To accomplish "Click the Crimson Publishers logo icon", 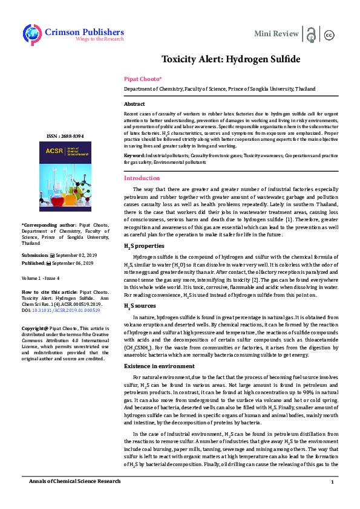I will tap(31, 34).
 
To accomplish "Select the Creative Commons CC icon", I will tap(330, 34).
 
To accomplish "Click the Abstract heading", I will tap(134, 105).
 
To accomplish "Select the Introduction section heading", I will tap(142, 178).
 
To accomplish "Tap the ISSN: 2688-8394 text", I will tap(65, 137).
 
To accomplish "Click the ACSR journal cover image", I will tap(65, 176).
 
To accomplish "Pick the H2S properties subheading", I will tap(143, 247).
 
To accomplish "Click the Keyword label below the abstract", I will tap(134, 156).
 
